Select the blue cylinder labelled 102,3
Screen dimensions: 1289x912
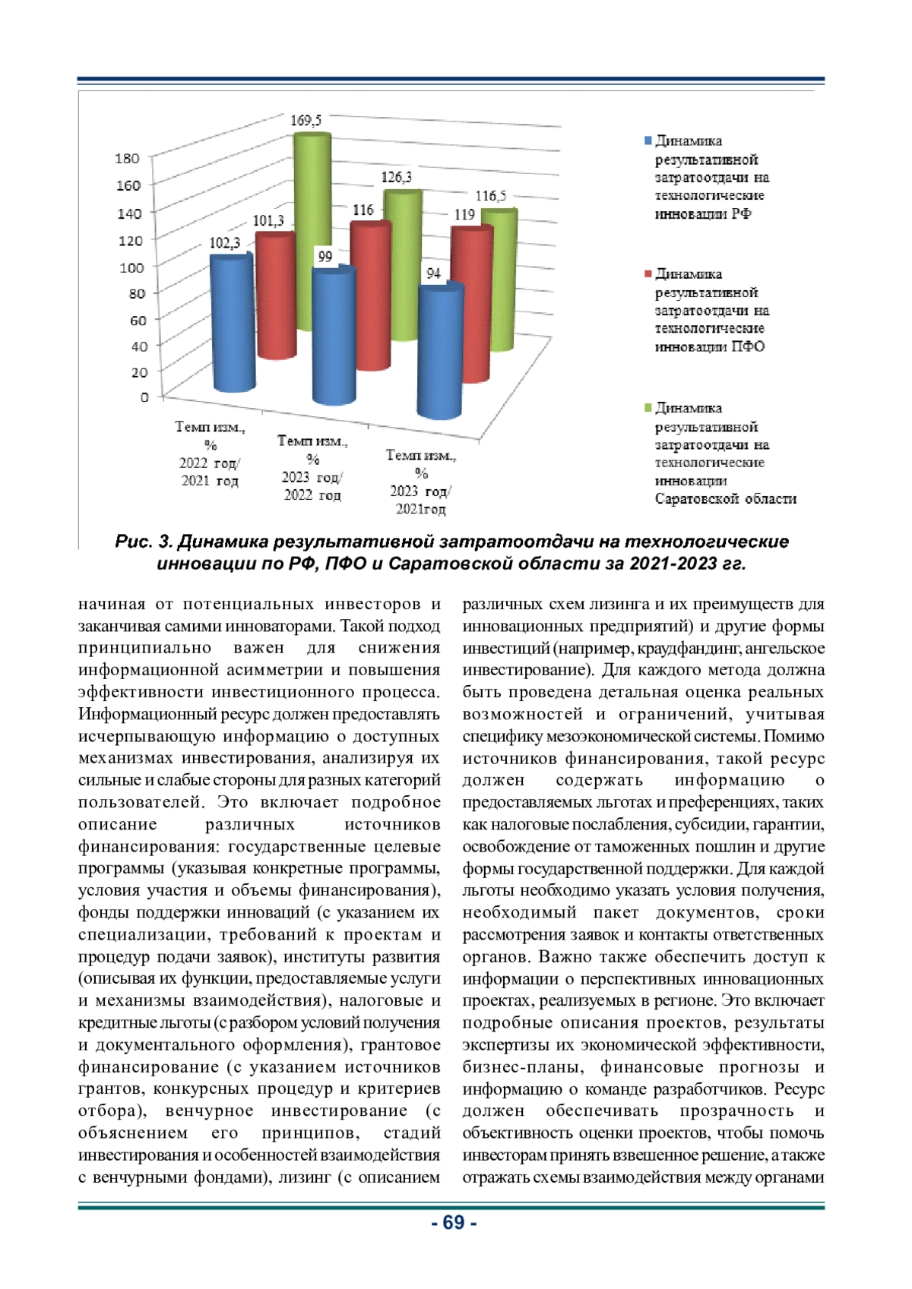pyautogui.click(x=233, y=327)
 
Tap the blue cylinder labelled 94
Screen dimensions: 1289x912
pyautogui.click(x=441, y=353)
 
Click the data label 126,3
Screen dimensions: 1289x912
pyautogui.click(x=396, y=177)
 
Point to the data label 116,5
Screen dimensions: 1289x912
pyautogui.click(x=490, y=196)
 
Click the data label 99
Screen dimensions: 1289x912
pyautogui.click(x=325, y=257)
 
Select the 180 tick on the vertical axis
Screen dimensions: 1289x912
pyautogui.click(x=127, y=158)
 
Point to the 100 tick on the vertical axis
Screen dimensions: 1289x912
pyautogui.click(x=131, y=267)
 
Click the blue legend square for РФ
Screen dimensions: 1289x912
pyautogui.click(x=648, y=141)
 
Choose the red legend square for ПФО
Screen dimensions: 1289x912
pyautogui.click(x=648, y=274)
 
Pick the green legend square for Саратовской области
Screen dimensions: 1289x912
pyautogui.click(x=648, y=408)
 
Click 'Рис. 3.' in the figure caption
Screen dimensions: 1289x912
pyautogui.click(x=144, y=542)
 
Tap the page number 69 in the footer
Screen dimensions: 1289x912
pyautogui.click(x=454, y=1223)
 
